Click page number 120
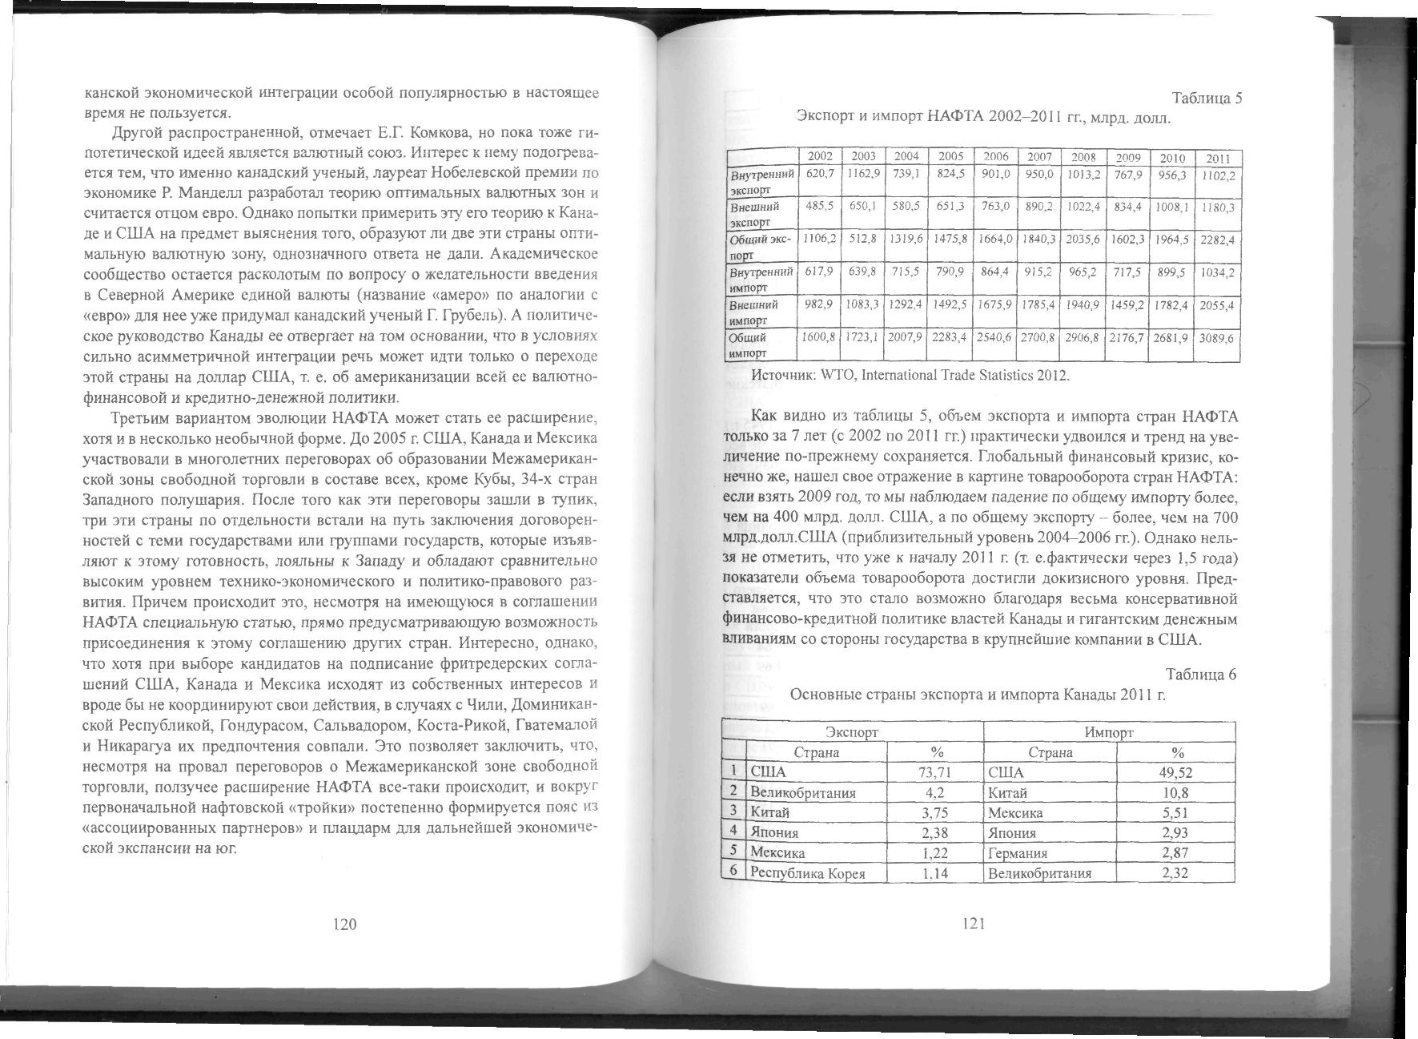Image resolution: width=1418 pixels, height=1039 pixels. coord(343,924)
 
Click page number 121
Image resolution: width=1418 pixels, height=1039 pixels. coord(973,924)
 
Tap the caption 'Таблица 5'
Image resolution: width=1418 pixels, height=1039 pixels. coord(1207,99)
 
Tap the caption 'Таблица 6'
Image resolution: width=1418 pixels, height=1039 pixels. coord(1201,675)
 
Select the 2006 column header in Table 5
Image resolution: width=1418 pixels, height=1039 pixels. coord(995,157)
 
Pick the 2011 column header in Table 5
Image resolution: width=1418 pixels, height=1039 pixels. coord(1218,159)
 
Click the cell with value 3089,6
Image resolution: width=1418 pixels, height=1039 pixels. coord(1218,338)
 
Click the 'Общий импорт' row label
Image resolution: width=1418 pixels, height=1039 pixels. coord(748,345)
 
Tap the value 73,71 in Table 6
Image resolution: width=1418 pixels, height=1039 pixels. coord(934,772)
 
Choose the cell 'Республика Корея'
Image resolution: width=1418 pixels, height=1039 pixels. coord(808,873)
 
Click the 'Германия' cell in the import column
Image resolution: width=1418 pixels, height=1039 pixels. coord(1018,853)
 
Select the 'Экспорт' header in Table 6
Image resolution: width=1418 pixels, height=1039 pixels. coord(852,732)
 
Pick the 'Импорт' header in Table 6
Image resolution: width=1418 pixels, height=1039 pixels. coord(1108,732)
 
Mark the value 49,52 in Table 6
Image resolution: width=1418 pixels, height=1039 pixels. coord(1176,772)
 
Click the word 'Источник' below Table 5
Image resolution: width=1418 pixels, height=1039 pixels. coord(782,375)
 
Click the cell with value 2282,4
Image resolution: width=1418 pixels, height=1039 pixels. coord(1218,240)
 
